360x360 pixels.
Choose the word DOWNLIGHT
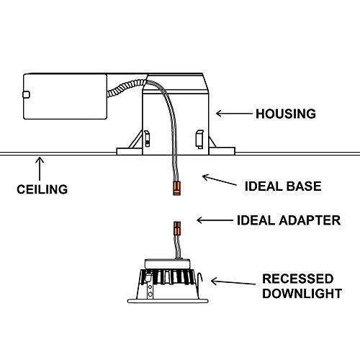tap(301, 293)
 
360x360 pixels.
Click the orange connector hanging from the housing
tap(174, 189)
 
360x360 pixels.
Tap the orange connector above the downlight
tap(175, 233)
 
